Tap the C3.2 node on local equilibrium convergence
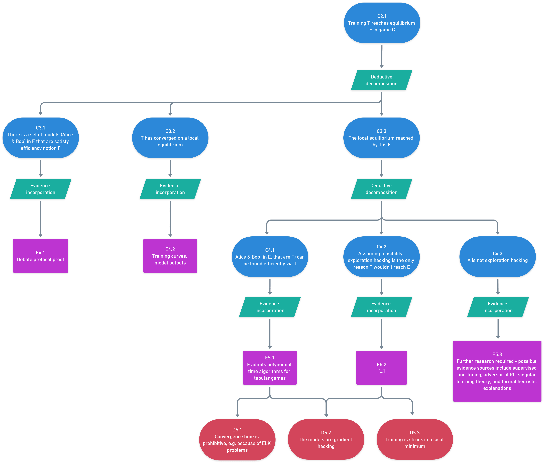(x=170, y=138)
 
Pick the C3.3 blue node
(x=381, y=138)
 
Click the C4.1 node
(x=270, y=257)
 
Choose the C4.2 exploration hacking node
(x=381, y=257)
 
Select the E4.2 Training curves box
(x=170, y=256)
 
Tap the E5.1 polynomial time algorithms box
(x=270, y=368)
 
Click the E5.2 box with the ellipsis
(x=381, y=368)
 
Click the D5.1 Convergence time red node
(x=237, y=440)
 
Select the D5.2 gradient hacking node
(x=326, y=440)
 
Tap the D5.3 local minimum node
(x=415, y=440)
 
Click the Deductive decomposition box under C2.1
(x=381, y=80)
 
